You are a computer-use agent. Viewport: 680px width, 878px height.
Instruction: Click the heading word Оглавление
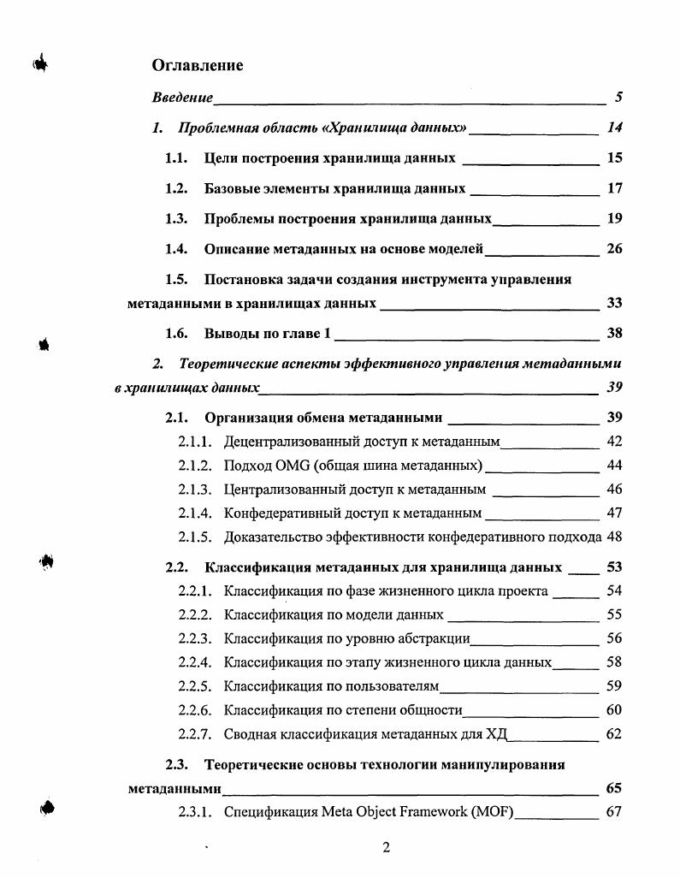[x=197, y=65]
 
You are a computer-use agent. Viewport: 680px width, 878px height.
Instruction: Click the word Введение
[x=182, y=98]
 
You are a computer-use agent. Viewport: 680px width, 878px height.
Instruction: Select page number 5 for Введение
[x=618, y=98]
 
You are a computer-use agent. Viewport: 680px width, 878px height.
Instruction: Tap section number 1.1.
[x=176, y=158]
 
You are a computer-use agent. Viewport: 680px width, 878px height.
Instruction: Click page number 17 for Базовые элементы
[x=613, y=188]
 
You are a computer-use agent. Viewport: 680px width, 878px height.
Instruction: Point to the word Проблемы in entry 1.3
[x=237, y=219]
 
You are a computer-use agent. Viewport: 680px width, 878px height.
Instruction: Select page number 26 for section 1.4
[x=613, y=249]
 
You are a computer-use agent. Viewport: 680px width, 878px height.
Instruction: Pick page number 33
[x=613, y=303]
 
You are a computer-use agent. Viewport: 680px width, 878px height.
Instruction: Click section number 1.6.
[x=176, y=334]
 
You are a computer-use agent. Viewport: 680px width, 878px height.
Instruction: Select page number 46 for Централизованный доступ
[x=613, y=489]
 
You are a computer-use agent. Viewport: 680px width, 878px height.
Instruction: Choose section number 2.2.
[x=176, y=567]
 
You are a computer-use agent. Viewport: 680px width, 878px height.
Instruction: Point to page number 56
[x=613, y=638]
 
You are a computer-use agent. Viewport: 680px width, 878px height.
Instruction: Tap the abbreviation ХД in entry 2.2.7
[x=496, y=733]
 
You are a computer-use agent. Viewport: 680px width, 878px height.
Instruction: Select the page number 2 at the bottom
[x=386, y=848]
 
